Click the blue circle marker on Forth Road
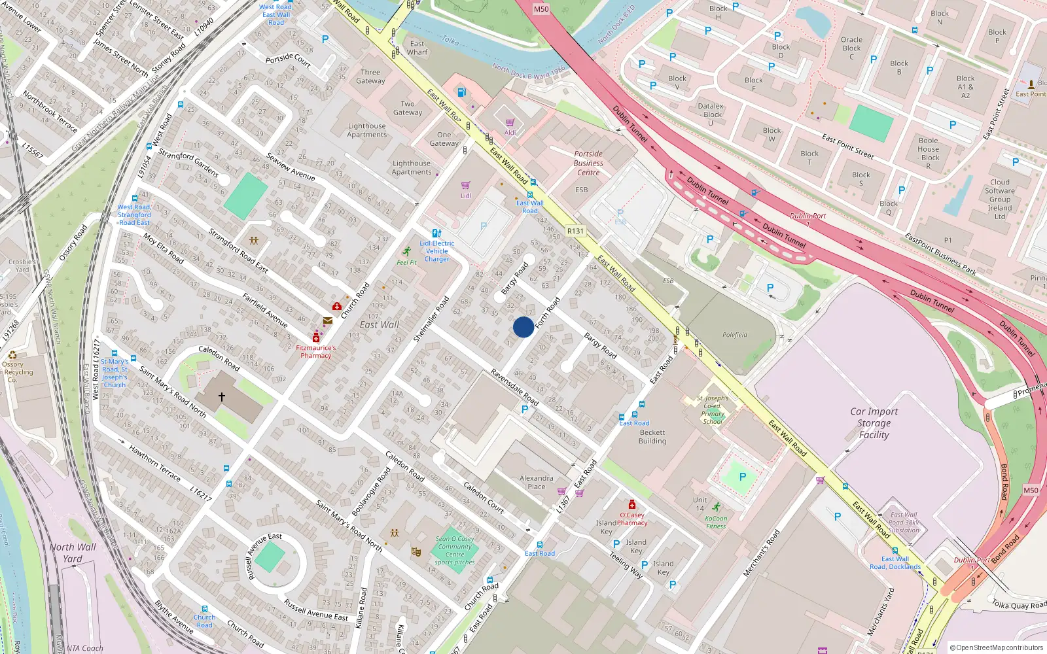pyautogui.click(x=523, y=327)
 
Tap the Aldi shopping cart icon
pyautogui.click(x=510, y=123)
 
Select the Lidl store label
pyautogui.click(x=465, y=196)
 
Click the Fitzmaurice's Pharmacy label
pyautogui.click(x=315, y=352)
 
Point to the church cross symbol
pyautogui.click(x=222, y=397)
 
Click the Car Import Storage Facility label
pyautogui.click(x=874, y=422)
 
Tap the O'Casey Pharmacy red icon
pyautogui.click(x=632, y=504)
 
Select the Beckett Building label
pyautogui.click(x=652, y=437)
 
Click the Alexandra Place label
pyautogui.click(x=536, y=482)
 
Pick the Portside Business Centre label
pyautogui.click(x=588, y=163)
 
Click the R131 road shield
pyautogui.click(x=575, y=231)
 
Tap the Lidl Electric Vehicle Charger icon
pyautogui.click(x=436, y=233)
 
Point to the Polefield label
pyautogui.click(x=734, y=335)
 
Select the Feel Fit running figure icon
pyautogui.click(x=407, y=252)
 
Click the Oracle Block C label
pyautogui.click(x=851, y=48)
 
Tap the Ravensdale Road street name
pyautogui.click(x=514, y=387)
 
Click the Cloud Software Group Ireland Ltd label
pyautogui.click(x=999, y=199)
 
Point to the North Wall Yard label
pyautogui.click(x=72, y=553)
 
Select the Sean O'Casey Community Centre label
pyautogui.click(x=454, y=547)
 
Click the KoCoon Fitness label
pyautogui.click(x=716, y=522)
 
